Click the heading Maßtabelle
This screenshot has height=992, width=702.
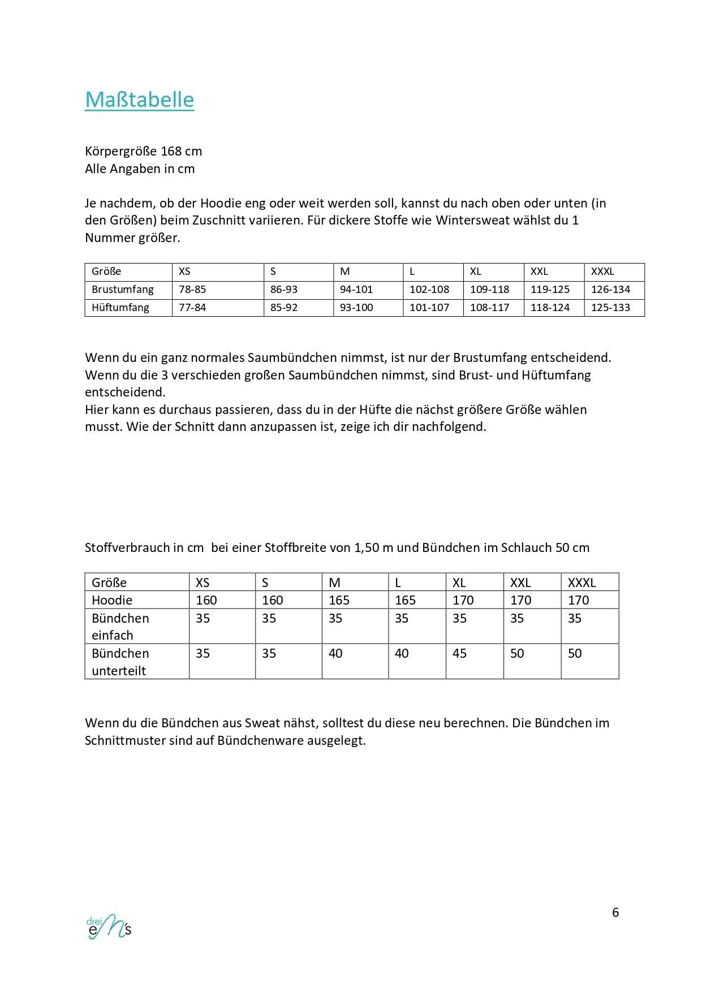pyautogui.click(x=139, y=100)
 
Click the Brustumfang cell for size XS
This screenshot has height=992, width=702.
pyautogui.click(x=192, y=290)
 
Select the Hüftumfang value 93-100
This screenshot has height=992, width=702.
pyautogui.click(x=356, y=308)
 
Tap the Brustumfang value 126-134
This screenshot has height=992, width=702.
pyautogui.click(x=610, y=290)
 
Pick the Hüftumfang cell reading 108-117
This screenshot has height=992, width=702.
pyautogui.click(x=489, y=308)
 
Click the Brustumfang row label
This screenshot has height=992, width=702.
pyautogui.click(x=123, y=290)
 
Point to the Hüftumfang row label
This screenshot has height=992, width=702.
pyautogui.click(x=120, y=308)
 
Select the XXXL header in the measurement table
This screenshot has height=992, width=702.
pyautogui.click(x=602, y=271)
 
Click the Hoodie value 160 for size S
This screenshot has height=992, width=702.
pyautogui.click(x=272, y=600)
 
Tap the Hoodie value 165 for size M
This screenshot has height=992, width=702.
pyautogui.click(x=339, y=600)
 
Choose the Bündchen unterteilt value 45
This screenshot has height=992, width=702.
pyautogui.click(x=459, y=653)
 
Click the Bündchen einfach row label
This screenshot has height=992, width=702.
pyautogui.click(x=120, y=626)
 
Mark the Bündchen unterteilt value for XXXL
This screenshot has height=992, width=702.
pyautogui.click(x=575, y=653)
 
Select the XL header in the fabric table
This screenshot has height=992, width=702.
pyautogui.click(x=459, y=583)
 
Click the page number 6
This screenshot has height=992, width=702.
pyautogui.click(x=615, y=912)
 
